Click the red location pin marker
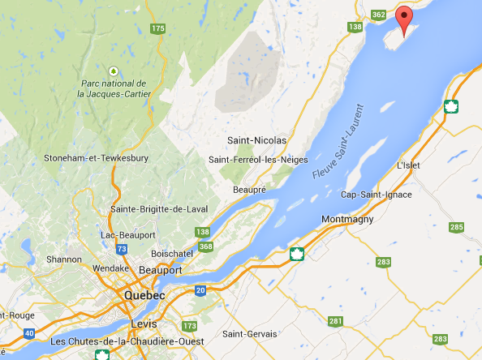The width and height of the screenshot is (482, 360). pyautogui.click(x=404, y=18)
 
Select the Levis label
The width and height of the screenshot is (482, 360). pyautogui.click(x=143, y=324)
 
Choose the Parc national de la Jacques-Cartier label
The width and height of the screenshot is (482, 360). pyautogui.click(x=113, y=88)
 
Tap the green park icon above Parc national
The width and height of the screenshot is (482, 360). pyautogui.click(x=114, y=70)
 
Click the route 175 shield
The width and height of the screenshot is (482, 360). pyautogui.click(x=157, y=29)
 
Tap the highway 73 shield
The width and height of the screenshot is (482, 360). pyautogui.click(x=123, y=249)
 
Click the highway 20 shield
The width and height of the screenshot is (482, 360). pyautogui.click(x=200, y=290)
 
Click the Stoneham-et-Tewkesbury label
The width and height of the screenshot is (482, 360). pyautogui.click(x=95, y=156)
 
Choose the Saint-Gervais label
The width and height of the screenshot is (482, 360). pyautogui.click(x=251, y=334)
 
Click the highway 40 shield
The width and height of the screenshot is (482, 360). pyautogui.click(x=29, y=332)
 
